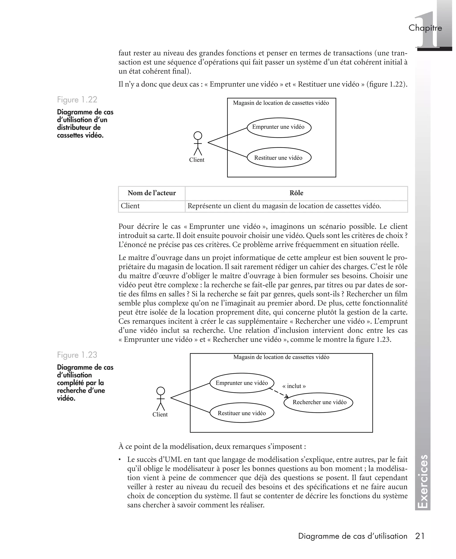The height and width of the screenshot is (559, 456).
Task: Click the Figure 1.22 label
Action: coord(77,100)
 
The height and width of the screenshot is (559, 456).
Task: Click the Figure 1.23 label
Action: coord(77,355)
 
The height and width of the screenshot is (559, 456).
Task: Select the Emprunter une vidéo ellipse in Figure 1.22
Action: coord(279,127)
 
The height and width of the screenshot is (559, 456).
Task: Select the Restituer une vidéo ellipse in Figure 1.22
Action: coord(279,157)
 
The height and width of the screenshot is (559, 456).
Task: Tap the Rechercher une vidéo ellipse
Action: coord(318,402)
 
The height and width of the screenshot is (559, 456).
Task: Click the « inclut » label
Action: coord(294,386)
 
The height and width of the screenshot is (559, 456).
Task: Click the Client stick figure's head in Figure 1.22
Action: coord(198,136)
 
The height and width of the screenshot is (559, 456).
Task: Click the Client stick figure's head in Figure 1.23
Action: coord(161,391)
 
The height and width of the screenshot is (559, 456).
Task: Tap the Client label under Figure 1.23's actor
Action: coord(160,414)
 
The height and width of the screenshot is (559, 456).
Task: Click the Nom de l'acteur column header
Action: coord(152,193)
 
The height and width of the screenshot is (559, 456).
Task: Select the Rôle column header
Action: coord(296,193)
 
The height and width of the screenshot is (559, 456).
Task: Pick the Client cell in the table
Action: coord(130,206)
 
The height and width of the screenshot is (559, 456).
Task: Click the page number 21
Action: coord(420,536)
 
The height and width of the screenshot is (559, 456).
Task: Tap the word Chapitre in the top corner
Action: coord(425,28)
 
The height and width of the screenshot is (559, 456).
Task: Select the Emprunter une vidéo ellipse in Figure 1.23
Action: coord(242,383)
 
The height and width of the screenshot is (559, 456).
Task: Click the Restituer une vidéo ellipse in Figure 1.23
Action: coord(242,413)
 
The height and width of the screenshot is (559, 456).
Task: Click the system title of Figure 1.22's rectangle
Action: coord(281,103)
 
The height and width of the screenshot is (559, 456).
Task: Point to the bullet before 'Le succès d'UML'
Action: coord(120,460)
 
